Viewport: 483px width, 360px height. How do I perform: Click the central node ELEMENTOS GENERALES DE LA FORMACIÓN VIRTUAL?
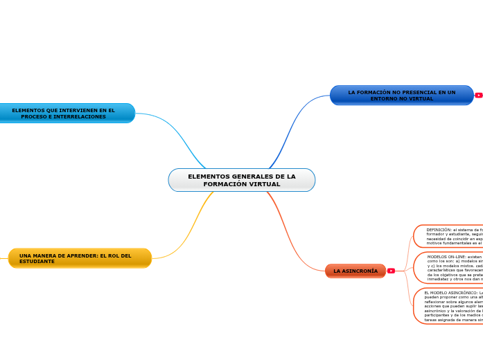click(x=241, y=180)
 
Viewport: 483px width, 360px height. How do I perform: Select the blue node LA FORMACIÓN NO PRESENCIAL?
click(x=401, y=96)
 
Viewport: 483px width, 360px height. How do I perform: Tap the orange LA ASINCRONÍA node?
click(x=355, y=271)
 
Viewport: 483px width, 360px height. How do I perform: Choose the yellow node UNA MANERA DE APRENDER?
click(x=80, y=258)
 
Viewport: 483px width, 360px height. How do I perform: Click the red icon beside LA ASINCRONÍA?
click(x=392, y=271)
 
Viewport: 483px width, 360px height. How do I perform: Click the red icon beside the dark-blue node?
click(x=478, y=96)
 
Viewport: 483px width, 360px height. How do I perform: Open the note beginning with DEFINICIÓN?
click(x=450, y=236)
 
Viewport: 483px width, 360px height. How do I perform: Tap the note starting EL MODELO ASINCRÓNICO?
click(x=450, y=305)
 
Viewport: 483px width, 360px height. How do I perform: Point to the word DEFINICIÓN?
click(x=439, y=229)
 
